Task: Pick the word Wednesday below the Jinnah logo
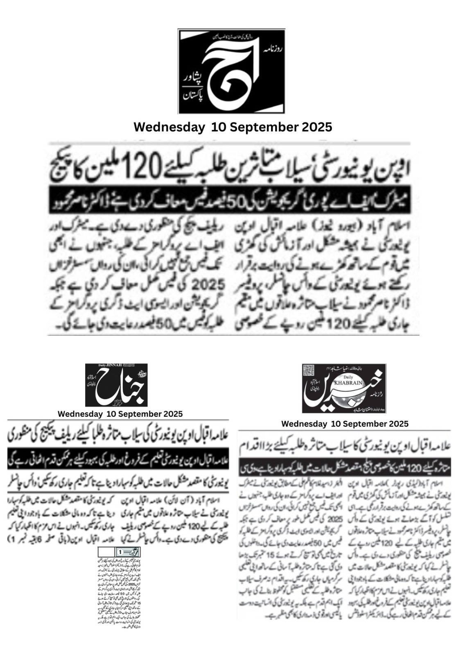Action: point(80,414)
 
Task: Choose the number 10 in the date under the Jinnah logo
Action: point(111,414)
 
